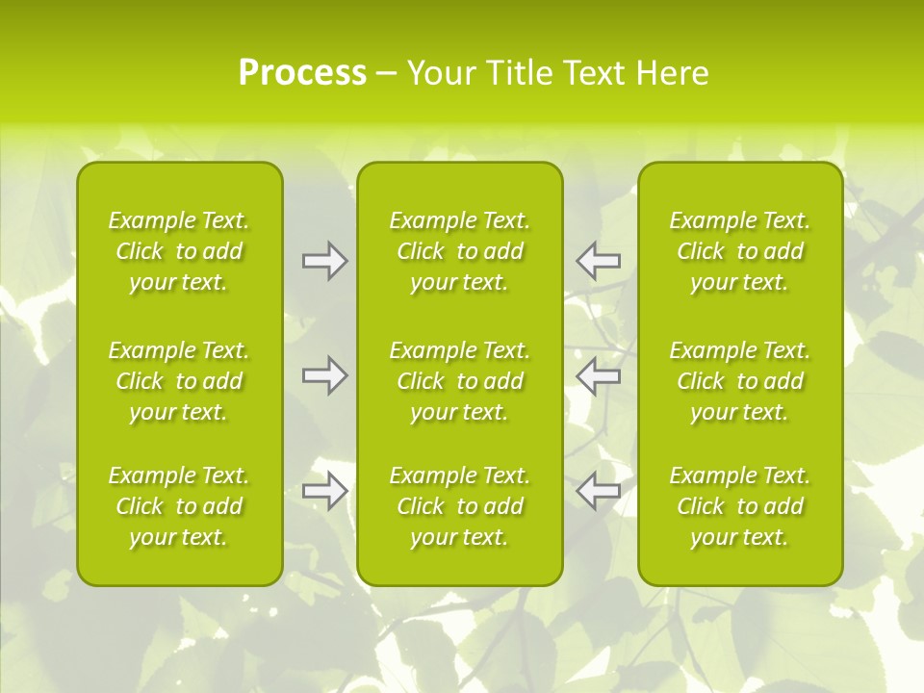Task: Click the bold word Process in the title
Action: (x=302, y=73)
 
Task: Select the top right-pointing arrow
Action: (x=324, y=261)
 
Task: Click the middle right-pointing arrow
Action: (x=324, y=375)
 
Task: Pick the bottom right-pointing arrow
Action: (x=324, y=491)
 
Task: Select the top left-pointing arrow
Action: (x=599, y=261)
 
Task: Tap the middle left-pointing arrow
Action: (x=599, y=375)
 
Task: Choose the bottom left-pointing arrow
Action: (x=599, y=491)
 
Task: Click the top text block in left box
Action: (x=179, y=251)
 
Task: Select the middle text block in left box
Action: (x=179, y=381)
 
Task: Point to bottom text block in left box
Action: (x=179, y=506)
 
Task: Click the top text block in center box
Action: (x=460, y=251)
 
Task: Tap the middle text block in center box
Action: (x=460, y=381)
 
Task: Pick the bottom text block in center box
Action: (x=460, y=506)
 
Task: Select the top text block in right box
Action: (x=740, y=251)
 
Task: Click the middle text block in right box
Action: (x=740, y=381)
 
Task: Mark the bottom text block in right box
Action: (x=740, y=506)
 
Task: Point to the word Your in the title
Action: (x=441, y=73)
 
